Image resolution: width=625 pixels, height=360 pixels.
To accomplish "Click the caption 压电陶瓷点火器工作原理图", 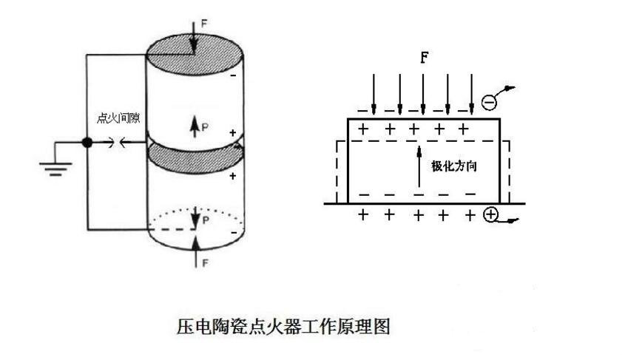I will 283,326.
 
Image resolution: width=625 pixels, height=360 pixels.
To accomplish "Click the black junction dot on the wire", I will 87,143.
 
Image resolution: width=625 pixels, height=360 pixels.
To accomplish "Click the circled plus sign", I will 491,216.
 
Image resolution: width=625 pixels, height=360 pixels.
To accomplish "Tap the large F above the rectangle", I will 424,58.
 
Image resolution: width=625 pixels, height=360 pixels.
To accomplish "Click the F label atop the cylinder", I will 204,24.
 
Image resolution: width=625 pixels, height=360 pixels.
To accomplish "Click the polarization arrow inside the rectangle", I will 419,168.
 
